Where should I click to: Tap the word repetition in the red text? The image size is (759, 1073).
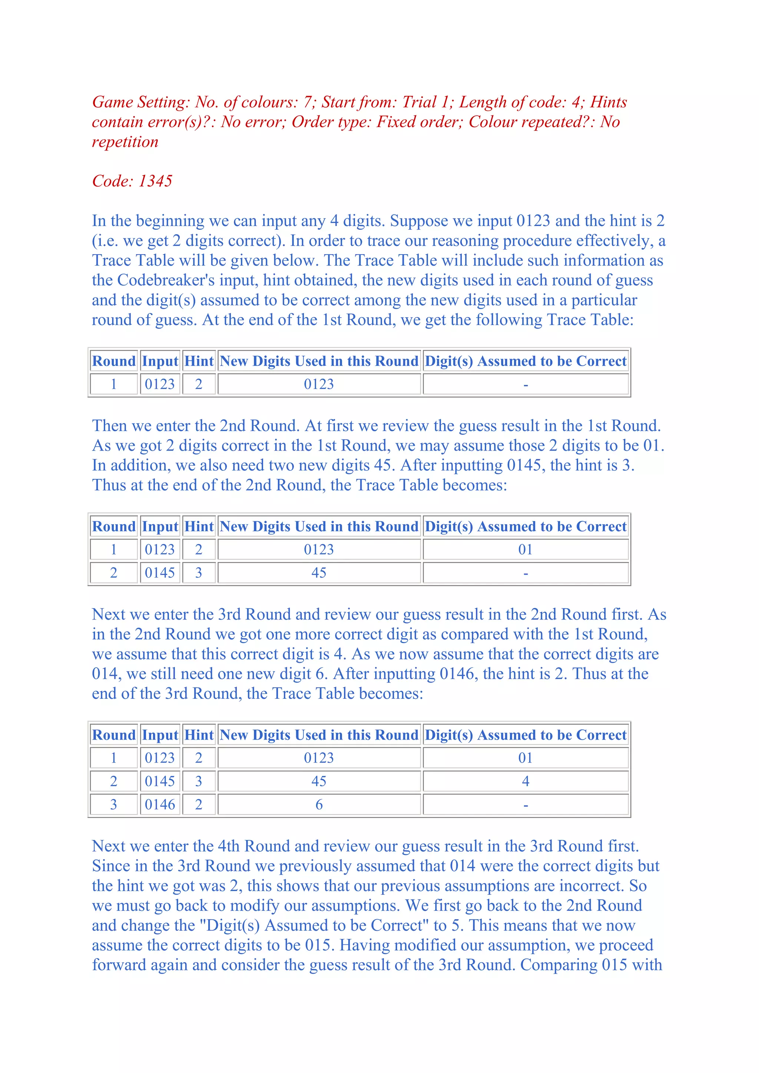pyautogui.click(x=125, y=142)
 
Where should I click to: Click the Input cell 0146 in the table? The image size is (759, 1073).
pyautogui.click(x=160, y=805)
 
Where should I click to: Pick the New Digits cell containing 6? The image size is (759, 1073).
pyautogui.click(x=319, y=805)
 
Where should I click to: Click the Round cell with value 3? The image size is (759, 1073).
pyautogui.click(x=113, y=805)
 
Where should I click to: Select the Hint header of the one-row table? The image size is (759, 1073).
pyautogui.click(x=199, y=361)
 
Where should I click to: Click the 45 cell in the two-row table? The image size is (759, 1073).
pyautogui.click(x=319, y=573)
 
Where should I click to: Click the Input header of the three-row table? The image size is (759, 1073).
pyautogui.click(x=160, y=735)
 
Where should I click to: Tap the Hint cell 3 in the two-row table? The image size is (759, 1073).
pyautogui.click(x=199, y=573)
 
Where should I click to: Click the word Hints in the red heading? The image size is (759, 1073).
pyautogui.click(x=609, y=102)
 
